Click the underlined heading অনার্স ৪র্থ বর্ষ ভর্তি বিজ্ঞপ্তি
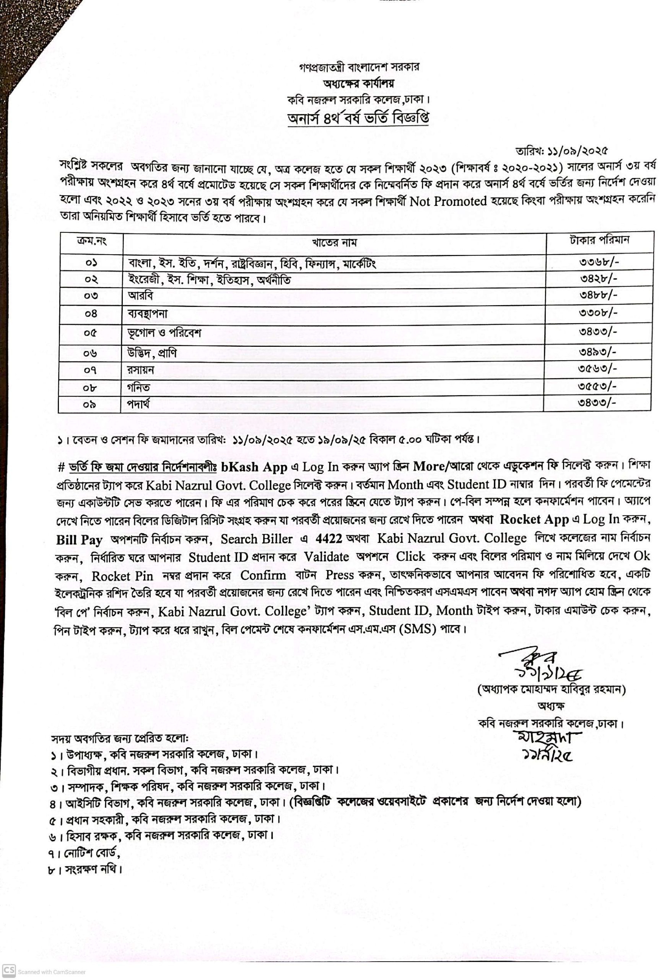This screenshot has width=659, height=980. pos(358,119)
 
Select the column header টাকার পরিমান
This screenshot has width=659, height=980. pos(599,240)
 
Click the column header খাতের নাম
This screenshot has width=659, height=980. pos(334,242)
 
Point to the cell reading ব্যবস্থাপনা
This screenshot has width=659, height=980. pos(148,314)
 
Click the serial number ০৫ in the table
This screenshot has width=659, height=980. pos(90,333)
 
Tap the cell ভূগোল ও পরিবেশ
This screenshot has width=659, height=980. pos(165,333)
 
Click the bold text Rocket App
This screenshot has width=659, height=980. pos(534,519)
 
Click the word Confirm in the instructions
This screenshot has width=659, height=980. pos(263,575)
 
